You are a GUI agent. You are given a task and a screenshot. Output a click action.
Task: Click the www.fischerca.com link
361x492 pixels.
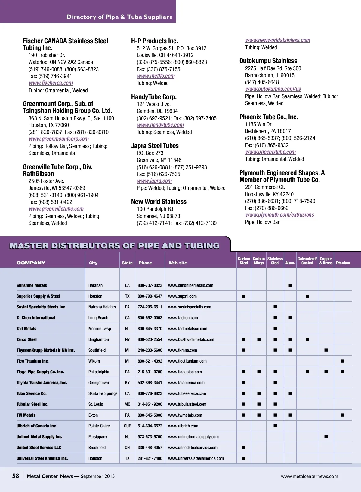pos(51,83)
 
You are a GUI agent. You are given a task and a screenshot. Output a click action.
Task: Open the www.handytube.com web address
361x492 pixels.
pos(160,125)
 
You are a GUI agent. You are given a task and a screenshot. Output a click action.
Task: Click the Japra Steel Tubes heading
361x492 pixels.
pos(155,146)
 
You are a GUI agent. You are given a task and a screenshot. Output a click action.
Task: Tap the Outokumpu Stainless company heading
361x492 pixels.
pos(268,61)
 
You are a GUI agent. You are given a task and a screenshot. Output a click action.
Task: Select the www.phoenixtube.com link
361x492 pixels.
pos(270,152)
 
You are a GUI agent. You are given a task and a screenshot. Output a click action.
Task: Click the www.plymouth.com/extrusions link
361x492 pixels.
pos(279,215)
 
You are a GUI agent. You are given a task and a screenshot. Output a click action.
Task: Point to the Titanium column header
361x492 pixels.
pos(343,263)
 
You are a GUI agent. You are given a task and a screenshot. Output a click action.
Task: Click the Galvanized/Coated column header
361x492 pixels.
pos(307,261)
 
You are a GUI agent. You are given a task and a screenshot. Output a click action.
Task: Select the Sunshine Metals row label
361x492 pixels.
pos(32,285)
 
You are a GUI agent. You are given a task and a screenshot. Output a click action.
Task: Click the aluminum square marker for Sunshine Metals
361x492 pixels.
pos(290,286)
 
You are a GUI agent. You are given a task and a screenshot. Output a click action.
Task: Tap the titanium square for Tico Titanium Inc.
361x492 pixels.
pos(343,361)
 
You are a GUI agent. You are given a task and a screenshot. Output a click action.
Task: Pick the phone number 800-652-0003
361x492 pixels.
pos(150,318)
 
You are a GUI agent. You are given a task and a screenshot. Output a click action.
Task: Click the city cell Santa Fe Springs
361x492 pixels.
pos(103,393)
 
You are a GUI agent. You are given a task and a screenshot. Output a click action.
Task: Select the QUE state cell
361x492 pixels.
pos(127,426)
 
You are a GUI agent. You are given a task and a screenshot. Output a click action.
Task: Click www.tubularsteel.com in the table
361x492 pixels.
pos(187,404)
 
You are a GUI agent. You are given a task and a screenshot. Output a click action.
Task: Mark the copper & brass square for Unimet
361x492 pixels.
pos(326,437)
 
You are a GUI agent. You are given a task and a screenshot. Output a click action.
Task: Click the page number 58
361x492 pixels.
pos(15,476)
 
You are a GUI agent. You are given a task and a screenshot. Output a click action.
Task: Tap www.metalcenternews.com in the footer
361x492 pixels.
pos(309,476)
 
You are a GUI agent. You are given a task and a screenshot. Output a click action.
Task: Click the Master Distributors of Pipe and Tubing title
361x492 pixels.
pos(115,246)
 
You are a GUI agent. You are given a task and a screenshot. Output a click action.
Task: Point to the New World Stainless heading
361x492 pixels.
pos(159,202)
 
